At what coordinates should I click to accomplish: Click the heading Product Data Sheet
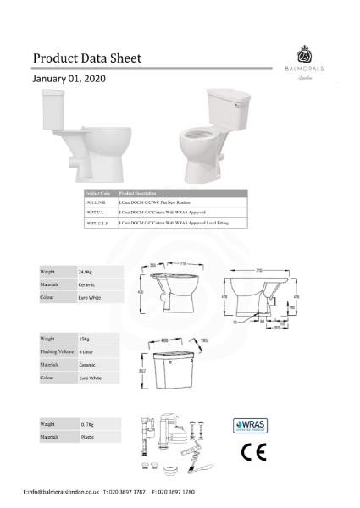pos(86,58)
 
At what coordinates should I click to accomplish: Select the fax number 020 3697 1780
pos(175,491)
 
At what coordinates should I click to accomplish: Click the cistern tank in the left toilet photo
pos(53,111)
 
